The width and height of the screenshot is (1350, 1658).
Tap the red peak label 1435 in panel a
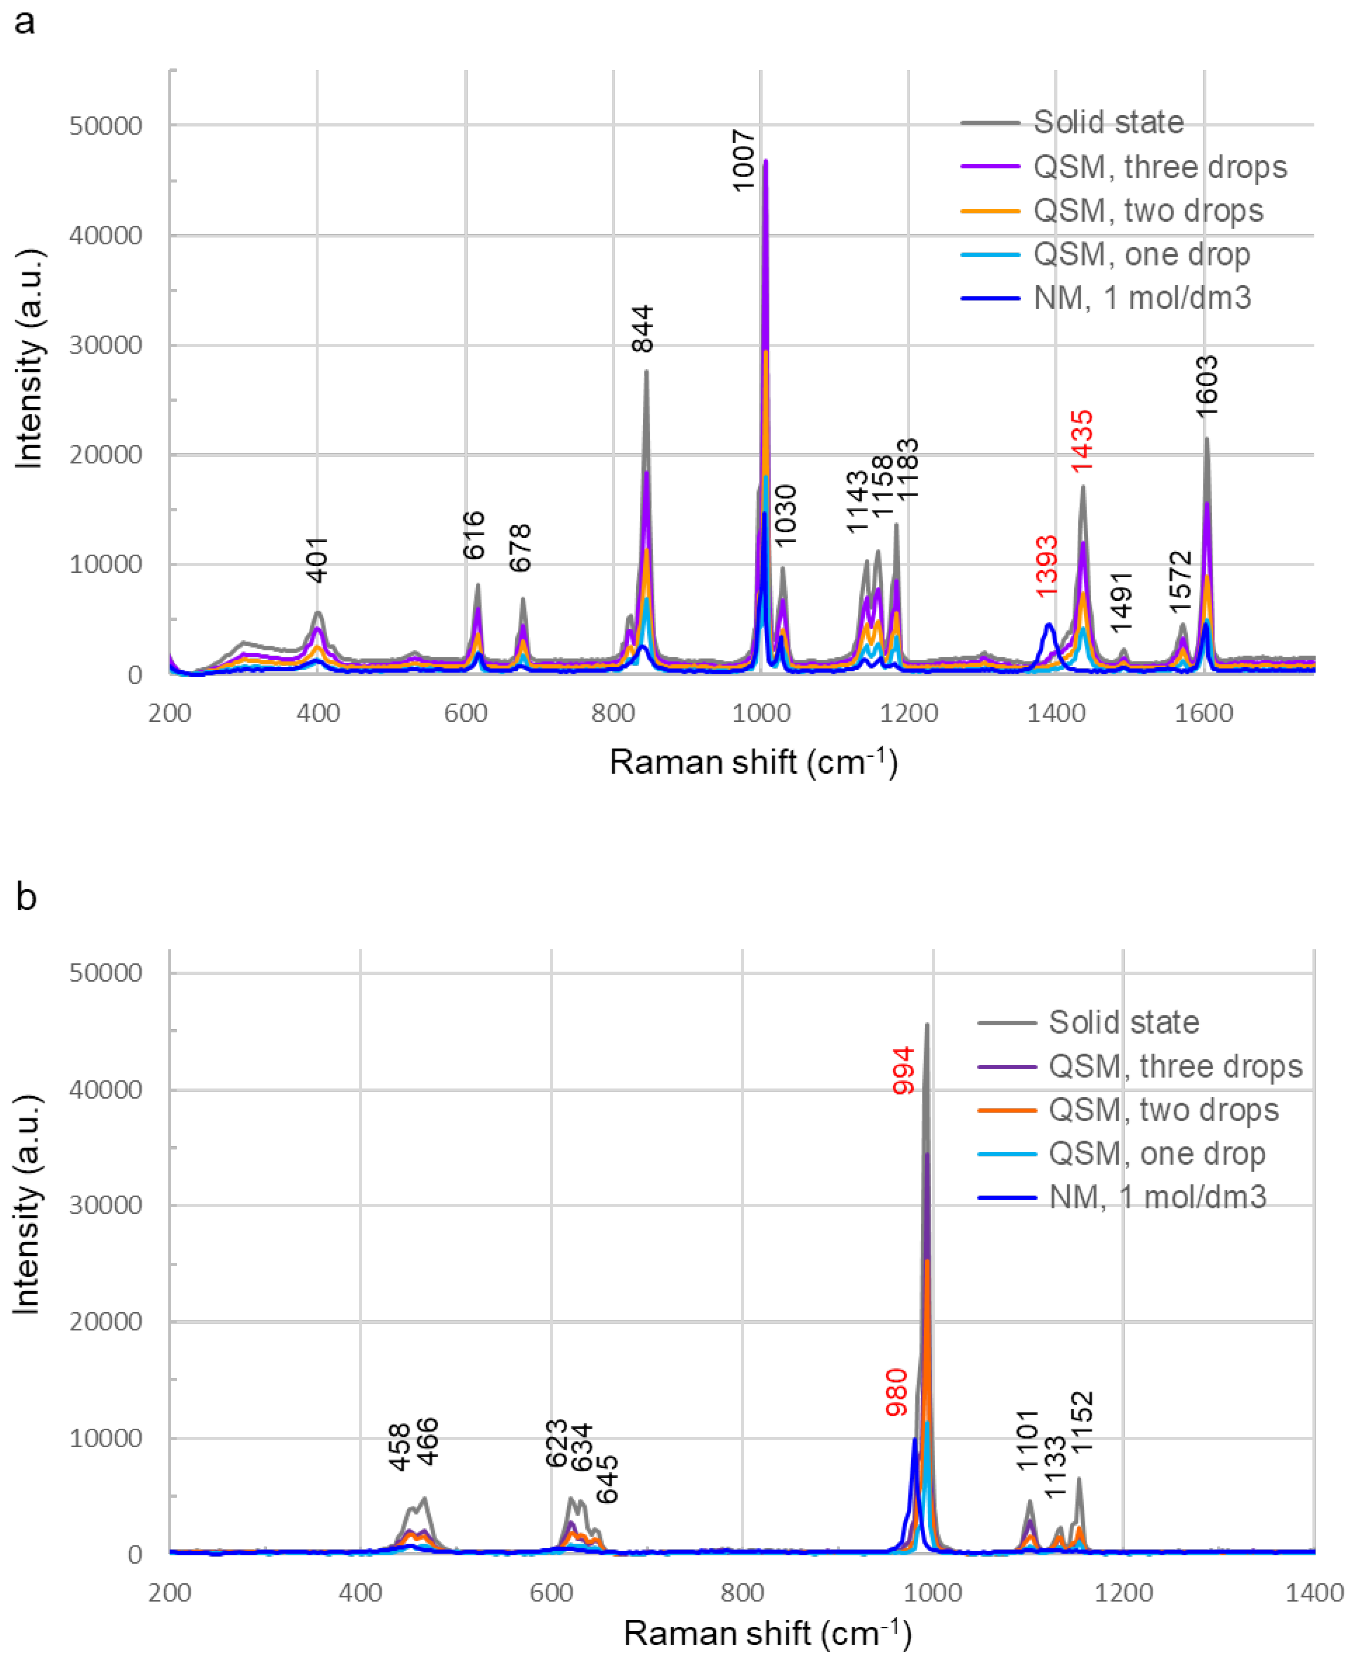[1082, 441]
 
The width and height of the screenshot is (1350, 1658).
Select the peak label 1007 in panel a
[743, 160]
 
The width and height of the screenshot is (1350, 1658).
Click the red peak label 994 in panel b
[903, 1071]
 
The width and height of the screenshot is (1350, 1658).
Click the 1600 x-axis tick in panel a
[1204, 713]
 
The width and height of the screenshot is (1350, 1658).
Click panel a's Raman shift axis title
[753, 762]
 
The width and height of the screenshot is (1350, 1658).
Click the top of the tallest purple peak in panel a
[765, 161]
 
